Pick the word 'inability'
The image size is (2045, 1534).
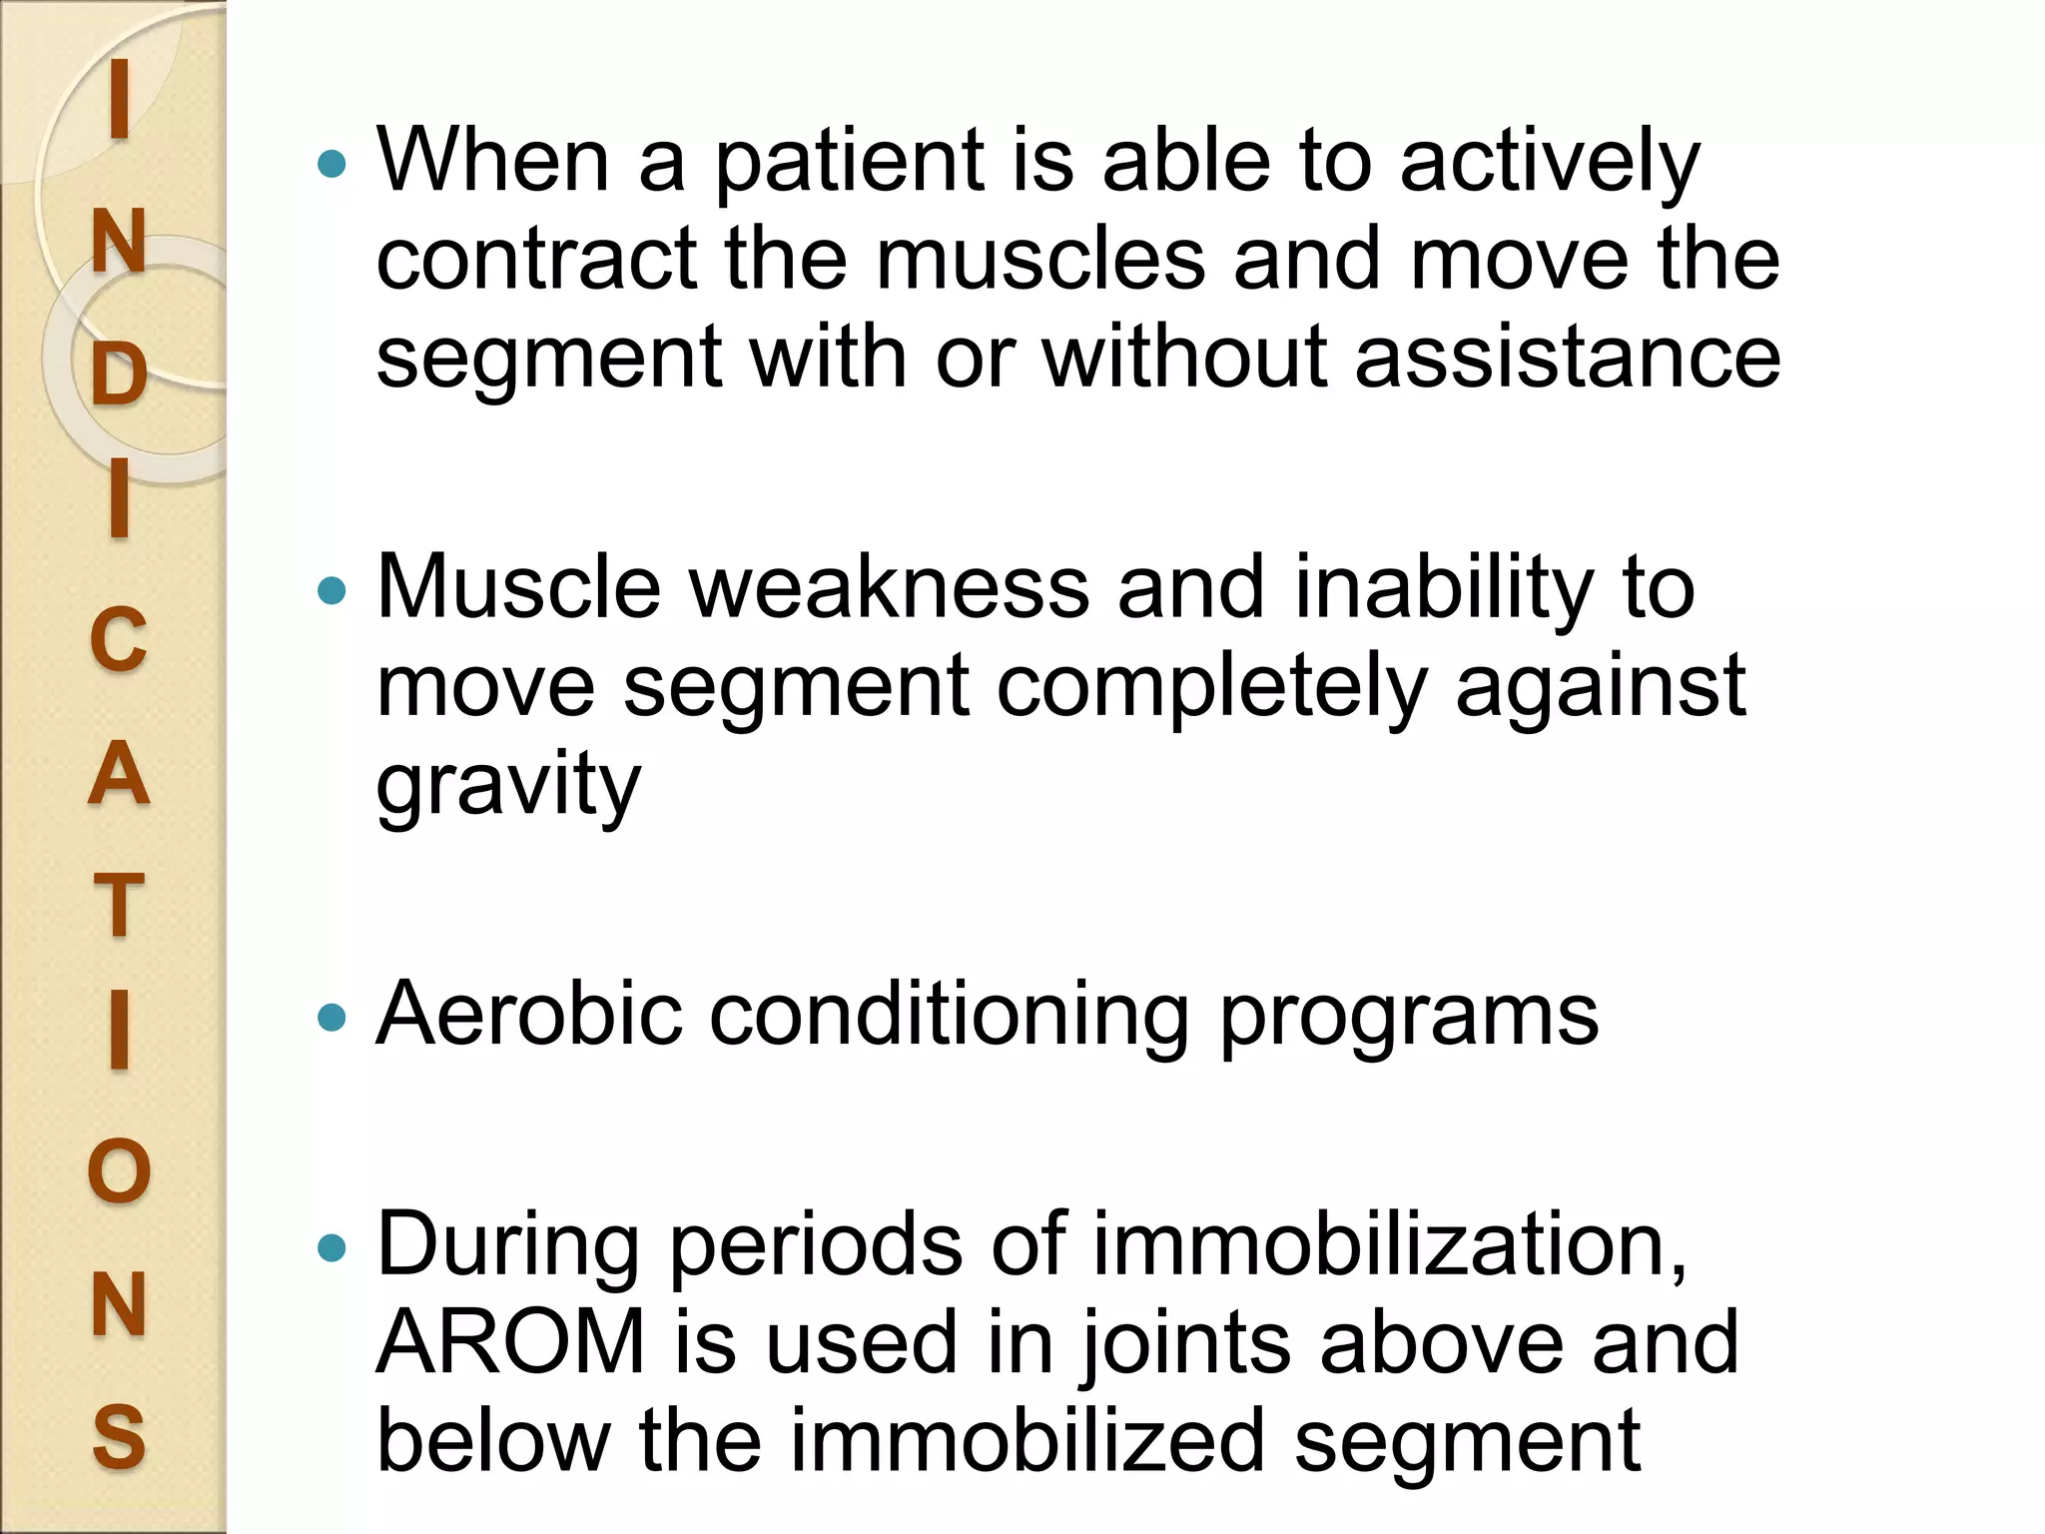tap(1444, 589)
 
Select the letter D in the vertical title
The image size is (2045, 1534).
tap(119, 377)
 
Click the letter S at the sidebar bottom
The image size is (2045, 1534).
tap(119, 1436)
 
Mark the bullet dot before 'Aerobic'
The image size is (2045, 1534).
tap(331, 1019)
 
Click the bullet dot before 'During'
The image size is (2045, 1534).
tap(331, 1247)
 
